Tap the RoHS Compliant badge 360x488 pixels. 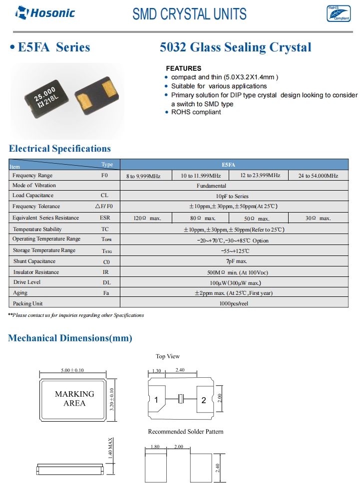[339, 13]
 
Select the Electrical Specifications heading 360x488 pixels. [60, 149]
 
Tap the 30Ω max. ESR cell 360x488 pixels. [318, 218]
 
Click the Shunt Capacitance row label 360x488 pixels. [34, 261]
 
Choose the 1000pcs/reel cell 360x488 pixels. [235, 303]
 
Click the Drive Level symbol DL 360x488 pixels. [106, 282]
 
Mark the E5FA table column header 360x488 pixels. [235, 165]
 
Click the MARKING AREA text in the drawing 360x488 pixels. [74, 398]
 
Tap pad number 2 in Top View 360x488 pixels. [204, 400]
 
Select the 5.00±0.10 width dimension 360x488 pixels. [72, 370]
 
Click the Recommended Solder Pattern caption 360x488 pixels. [186, 432]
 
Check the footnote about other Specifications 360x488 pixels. [76, 315]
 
